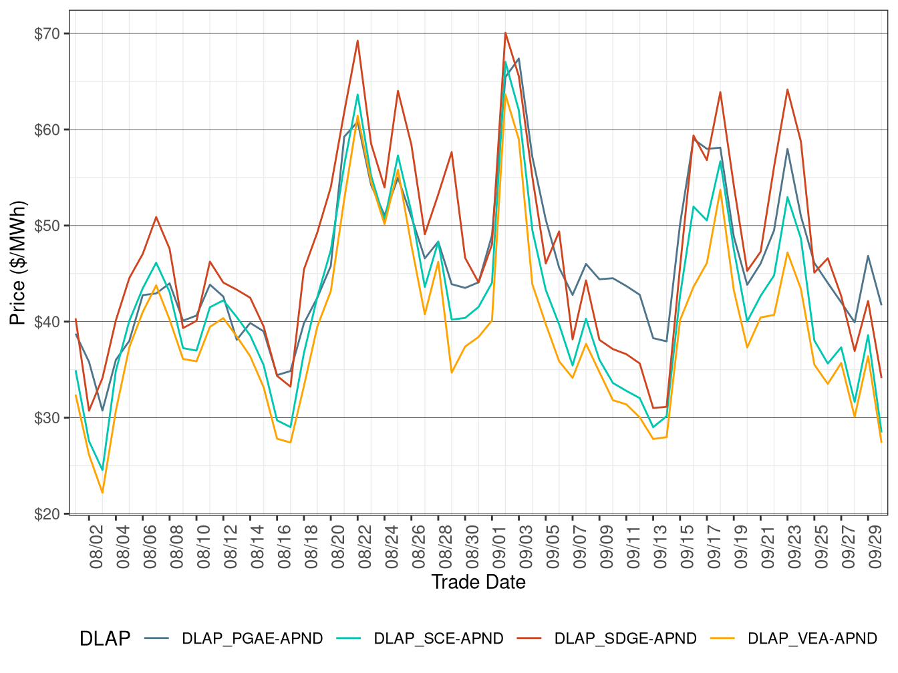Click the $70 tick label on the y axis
point(47,33)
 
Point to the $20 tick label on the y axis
point(47,514)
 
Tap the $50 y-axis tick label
point(47,226)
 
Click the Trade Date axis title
point(478,582)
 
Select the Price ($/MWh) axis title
point(18,263)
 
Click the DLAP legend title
point(105,639)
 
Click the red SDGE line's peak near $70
point(505,33)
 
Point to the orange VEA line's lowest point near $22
point(102,493)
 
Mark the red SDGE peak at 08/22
point(357,41)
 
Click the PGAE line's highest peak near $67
point(518,59)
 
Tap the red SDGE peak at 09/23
point(787,89)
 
